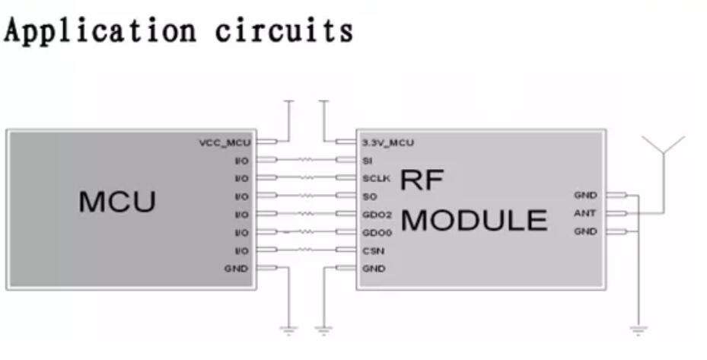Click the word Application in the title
100,31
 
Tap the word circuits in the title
284,30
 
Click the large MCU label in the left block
117,202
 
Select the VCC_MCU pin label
224,143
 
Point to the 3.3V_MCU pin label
388,143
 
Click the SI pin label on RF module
368,161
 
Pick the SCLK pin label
376,179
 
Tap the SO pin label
370,196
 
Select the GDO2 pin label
377,215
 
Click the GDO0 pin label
377,233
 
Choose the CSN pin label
374,251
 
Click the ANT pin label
584,213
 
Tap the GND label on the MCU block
236,269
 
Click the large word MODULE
474,220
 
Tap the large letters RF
422,180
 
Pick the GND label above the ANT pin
585,196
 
